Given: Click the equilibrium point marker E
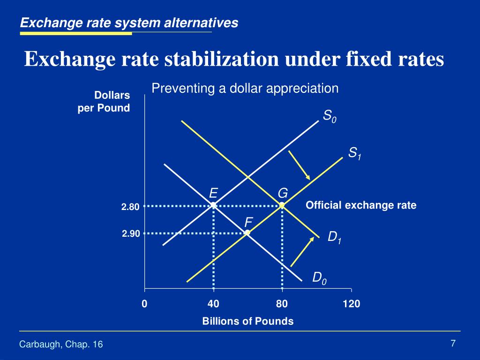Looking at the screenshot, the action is (213, 205).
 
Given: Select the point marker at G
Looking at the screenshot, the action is (282, 205).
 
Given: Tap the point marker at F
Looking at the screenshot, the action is (247, 233).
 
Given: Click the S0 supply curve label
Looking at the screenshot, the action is (330, 116).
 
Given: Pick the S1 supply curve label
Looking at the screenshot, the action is (355, 153).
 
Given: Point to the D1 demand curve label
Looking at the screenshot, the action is (334, 237).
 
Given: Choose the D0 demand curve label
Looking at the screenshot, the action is (319, 278).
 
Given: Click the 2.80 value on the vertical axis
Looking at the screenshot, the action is (130, 207).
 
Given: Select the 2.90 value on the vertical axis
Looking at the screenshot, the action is (131, 234).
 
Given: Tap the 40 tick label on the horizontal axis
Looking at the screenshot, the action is (213, 304).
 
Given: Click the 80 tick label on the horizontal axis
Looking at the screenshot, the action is (282, 304).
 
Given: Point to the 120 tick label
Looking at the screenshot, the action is (352, 304).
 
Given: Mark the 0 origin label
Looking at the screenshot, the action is (144, 304).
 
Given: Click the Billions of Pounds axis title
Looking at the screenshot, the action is (248, 321).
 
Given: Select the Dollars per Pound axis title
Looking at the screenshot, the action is (104, 101).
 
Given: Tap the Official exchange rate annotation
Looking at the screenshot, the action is (361, 205).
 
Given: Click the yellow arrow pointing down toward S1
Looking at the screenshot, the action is (299, 165).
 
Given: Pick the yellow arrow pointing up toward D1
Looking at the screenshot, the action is (302, 252).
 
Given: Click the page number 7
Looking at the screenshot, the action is (453, 343).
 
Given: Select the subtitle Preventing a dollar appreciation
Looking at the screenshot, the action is (245, 88).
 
